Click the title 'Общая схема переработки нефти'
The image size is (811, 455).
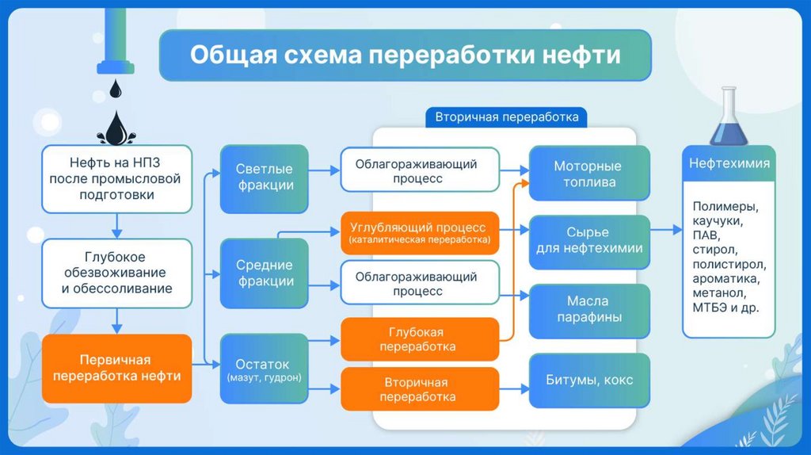405,56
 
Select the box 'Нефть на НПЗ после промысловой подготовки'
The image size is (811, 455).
117,179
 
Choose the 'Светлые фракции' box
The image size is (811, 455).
265,178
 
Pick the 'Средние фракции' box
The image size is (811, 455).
265,273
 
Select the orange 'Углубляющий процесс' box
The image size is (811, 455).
420,232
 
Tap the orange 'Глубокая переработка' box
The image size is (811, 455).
420,339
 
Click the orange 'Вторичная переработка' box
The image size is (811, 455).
420,388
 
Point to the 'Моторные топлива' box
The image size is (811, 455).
588,174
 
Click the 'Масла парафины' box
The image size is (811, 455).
588,309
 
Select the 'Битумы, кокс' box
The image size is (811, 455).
588,380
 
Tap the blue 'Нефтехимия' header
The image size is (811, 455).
729,164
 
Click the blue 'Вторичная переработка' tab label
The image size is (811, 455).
507,117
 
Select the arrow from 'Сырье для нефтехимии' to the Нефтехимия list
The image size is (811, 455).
665,230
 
